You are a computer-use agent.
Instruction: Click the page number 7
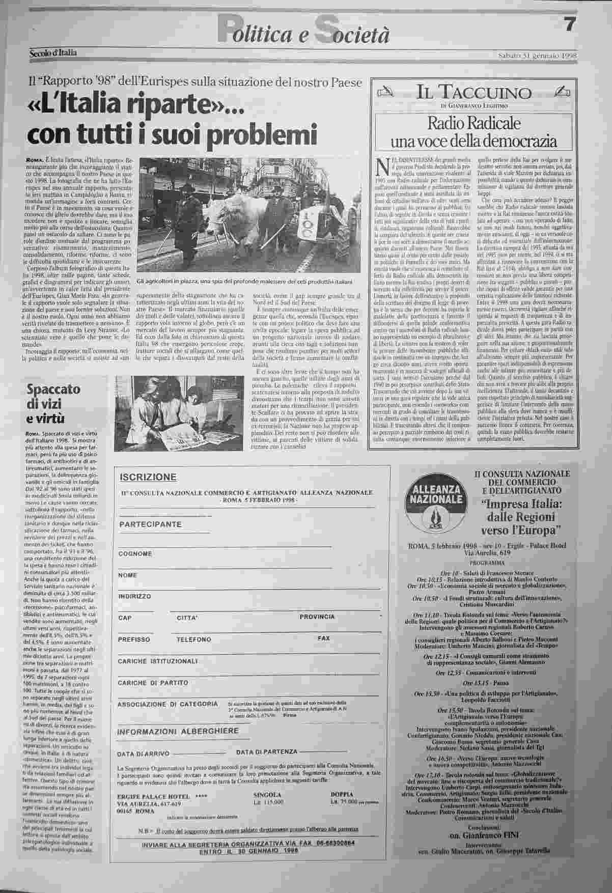569,24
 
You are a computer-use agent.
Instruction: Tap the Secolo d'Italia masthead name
52,52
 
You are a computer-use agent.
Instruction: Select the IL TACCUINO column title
474,93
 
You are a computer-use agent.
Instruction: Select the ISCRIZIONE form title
148,477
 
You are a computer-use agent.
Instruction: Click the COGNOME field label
135,553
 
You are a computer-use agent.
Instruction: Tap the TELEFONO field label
193,639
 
